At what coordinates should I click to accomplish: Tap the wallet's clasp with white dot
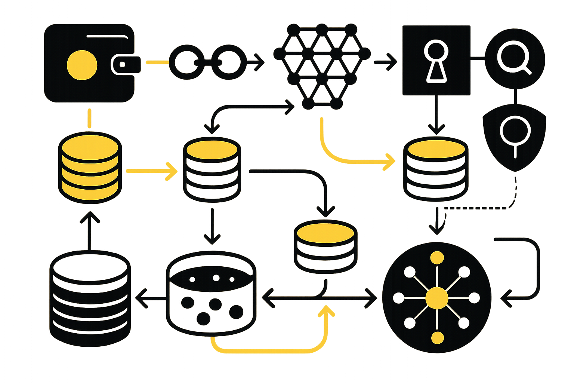click(122, 64)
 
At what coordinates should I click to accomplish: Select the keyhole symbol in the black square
click(436, 62)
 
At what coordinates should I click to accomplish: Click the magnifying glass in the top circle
click(513, 58)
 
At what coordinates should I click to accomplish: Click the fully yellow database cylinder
click(90, 168)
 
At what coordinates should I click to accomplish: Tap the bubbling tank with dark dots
click(211, 294)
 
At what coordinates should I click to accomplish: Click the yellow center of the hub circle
click(436, 298)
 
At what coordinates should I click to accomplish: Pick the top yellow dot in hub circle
click(437, 258)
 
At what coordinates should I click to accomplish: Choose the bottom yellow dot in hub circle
click(437, 338)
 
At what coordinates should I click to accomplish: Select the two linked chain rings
click(207, 62)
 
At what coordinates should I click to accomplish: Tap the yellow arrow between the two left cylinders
click(151, 171)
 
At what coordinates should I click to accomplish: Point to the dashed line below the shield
click(482, 208)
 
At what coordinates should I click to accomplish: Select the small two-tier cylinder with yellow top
click(325, 245)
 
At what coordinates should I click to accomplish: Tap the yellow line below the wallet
click(89, 118)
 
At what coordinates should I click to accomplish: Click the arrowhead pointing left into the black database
click(141, 298)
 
